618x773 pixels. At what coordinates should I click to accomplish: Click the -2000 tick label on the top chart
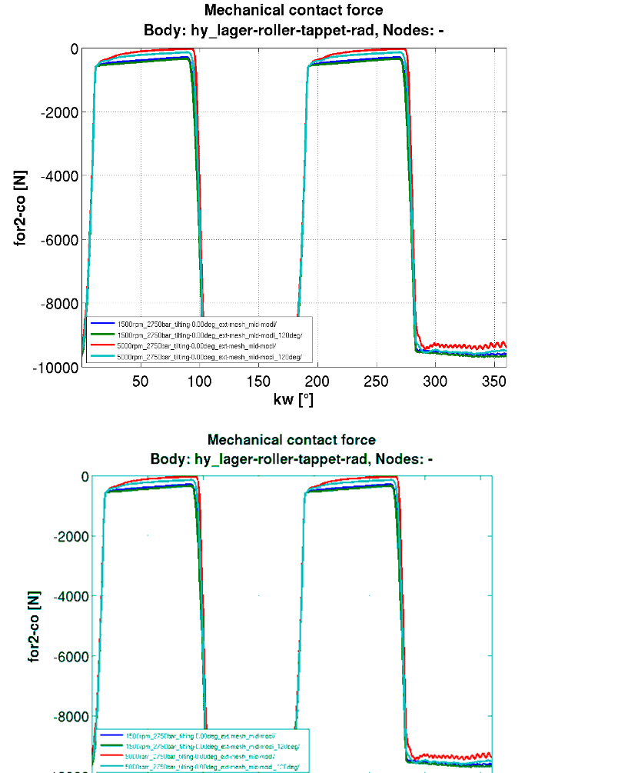pyautogui.click(x=58, y=112)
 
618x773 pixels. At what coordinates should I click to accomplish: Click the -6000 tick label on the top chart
pyautogui.click(x=58, y=240)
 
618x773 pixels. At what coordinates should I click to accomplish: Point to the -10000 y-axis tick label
pyautogui.click(x=55, y=368)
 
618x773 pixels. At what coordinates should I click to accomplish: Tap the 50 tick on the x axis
pyautogui.click(x=140, y=382)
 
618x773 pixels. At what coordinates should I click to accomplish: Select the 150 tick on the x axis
pyautogui.click(x=257, y=382)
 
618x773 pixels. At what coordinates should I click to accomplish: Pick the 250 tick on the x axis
pyautogui.click(x=376, y=382)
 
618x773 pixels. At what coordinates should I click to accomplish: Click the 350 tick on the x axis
pyautogui.click(x=493, y=382)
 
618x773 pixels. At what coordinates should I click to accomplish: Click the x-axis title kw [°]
pyautogui.click(x=293, y=399)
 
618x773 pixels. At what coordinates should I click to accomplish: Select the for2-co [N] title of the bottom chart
pyautogui.click(x=34, y=621)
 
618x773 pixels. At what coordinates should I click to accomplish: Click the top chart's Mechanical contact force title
pyautogui.click(x=293, y=11)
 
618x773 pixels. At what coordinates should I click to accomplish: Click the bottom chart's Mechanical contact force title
pyautogui.click(x=291, y=440)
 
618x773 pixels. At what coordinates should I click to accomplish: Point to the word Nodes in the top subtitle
pyautogui.click(x=394, y=32)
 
